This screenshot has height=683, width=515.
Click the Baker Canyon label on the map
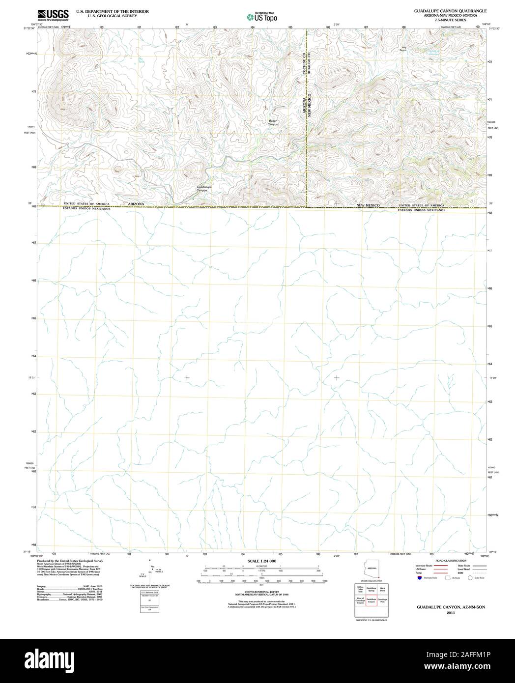[x=273, y=123]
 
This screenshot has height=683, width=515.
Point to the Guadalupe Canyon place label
[x=204, y=189]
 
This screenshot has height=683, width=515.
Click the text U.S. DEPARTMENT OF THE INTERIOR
[x=113, y=11]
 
